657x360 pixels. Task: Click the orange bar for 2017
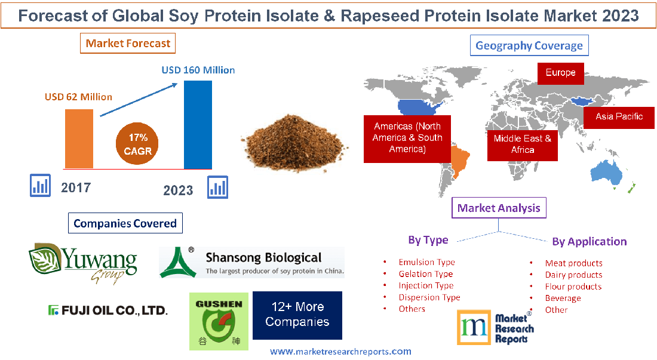(79, 138)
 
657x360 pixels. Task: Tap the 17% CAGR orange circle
(138, 144)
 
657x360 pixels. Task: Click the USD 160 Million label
(198, 70)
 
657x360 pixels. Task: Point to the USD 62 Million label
(78, 97)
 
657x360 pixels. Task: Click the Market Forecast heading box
(128, 44)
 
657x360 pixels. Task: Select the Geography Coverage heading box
(529, 46)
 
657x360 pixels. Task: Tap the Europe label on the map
(560, 73)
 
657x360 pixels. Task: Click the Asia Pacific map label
(619, 116)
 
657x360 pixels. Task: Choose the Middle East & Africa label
(522, 144)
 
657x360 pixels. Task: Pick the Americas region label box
(407, 138)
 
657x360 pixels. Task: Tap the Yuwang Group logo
(83, 263)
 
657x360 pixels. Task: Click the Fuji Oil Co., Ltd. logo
(108, 310)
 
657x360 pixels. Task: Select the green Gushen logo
(218, 322)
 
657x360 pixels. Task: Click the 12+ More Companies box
(297, 315)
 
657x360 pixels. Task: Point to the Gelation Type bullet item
(425, 274)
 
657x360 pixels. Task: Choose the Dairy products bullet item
(573, 275)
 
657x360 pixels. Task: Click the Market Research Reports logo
(495, 327)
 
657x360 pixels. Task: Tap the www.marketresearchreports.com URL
(340, 352)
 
